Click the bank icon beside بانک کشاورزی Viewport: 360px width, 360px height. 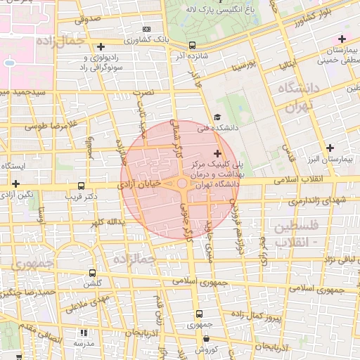146,29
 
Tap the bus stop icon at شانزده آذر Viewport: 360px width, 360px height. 192,46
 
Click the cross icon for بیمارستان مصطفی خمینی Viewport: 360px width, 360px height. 342,39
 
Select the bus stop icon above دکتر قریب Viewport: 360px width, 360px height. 82,186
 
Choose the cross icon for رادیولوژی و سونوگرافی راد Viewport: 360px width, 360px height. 101,46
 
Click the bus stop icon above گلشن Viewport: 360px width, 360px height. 92,273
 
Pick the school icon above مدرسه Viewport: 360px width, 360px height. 84,333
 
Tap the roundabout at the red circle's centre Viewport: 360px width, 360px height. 182,184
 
